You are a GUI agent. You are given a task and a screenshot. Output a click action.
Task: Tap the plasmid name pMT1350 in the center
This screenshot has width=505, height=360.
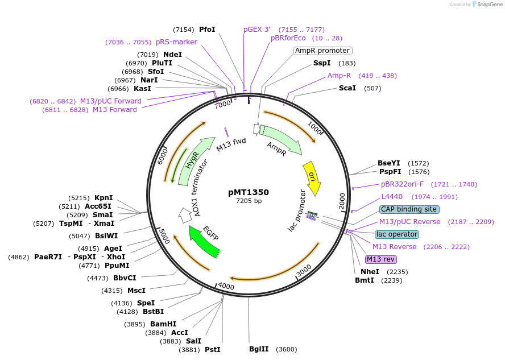[249, 192]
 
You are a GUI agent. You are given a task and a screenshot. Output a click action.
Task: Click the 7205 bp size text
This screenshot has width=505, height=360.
[249, 201]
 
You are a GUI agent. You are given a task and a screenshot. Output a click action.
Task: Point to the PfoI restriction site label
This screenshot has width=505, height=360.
[207, 29]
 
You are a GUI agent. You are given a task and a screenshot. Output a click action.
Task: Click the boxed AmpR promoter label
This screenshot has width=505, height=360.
[322, 51]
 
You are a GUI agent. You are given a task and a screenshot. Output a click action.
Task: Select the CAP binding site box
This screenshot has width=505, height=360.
[409, 209]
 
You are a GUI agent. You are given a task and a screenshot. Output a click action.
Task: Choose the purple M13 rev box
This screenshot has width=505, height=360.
[380, 259]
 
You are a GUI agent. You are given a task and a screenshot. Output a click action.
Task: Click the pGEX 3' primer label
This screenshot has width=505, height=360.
[256, 29]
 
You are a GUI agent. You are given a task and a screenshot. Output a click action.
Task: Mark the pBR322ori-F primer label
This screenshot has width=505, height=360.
[402, 184]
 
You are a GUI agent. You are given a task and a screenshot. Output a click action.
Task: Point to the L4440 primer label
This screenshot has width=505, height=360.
[392, 197]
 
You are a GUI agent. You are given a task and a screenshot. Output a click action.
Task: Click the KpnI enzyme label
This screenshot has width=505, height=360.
[104, 198]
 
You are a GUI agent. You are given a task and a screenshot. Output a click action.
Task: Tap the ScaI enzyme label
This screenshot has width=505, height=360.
[347, 88]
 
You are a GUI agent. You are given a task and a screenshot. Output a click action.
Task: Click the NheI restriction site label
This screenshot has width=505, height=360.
[370, 272]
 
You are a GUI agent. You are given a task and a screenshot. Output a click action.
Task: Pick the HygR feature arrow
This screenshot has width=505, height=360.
[192, 161]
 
